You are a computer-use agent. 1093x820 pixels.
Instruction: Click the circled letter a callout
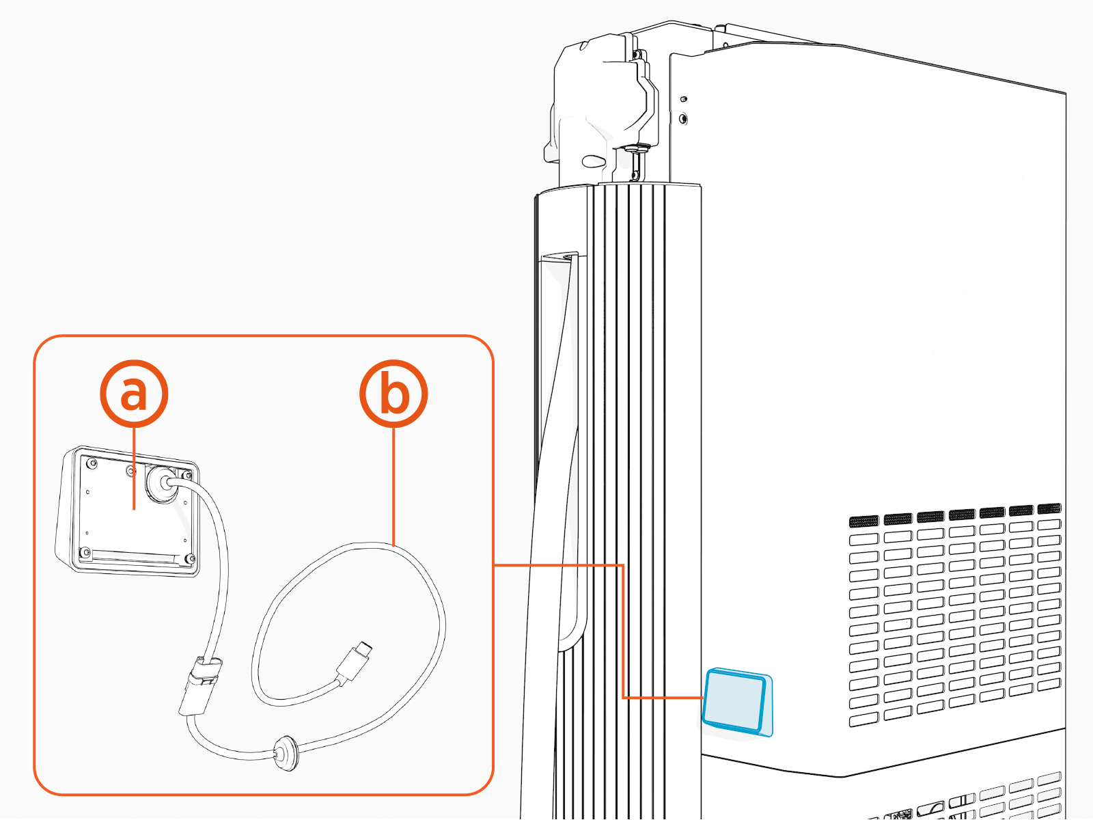(x=134, y=394)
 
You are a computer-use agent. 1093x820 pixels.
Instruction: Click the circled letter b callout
(x=393, y=394)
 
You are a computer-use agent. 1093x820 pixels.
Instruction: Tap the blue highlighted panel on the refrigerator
(x=736, y=702)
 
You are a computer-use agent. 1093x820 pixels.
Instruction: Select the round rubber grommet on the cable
(x=285, y=753)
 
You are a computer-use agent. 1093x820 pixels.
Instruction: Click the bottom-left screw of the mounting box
(x=85, y=552)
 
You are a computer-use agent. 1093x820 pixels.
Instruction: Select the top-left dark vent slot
(x=863, y=521)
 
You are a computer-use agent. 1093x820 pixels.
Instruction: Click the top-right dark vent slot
(x=1049, y=509)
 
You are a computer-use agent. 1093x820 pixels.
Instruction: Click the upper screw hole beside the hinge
(x=684, y=99)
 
